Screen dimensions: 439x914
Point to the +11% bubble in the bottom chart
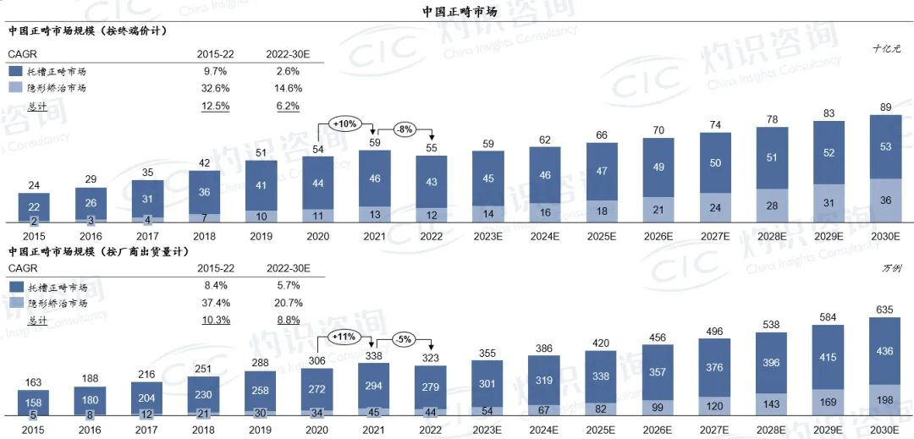(344, 337)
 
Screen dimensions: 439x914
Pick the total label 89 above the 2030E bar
(884, 106)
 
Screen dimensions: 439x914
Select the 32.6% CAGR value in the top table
(213, 88)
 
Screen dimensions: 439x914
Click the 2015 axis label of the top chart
(34, 238)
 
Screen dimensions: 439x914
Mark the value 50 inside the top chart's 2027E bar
(716, 162)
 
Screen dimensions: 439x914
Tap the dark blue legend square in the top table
(14, 72)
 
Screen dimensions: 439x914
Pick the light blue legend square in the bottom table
(14, 302)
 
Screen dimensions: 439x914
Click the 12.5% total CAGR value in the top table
(213, 106)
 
